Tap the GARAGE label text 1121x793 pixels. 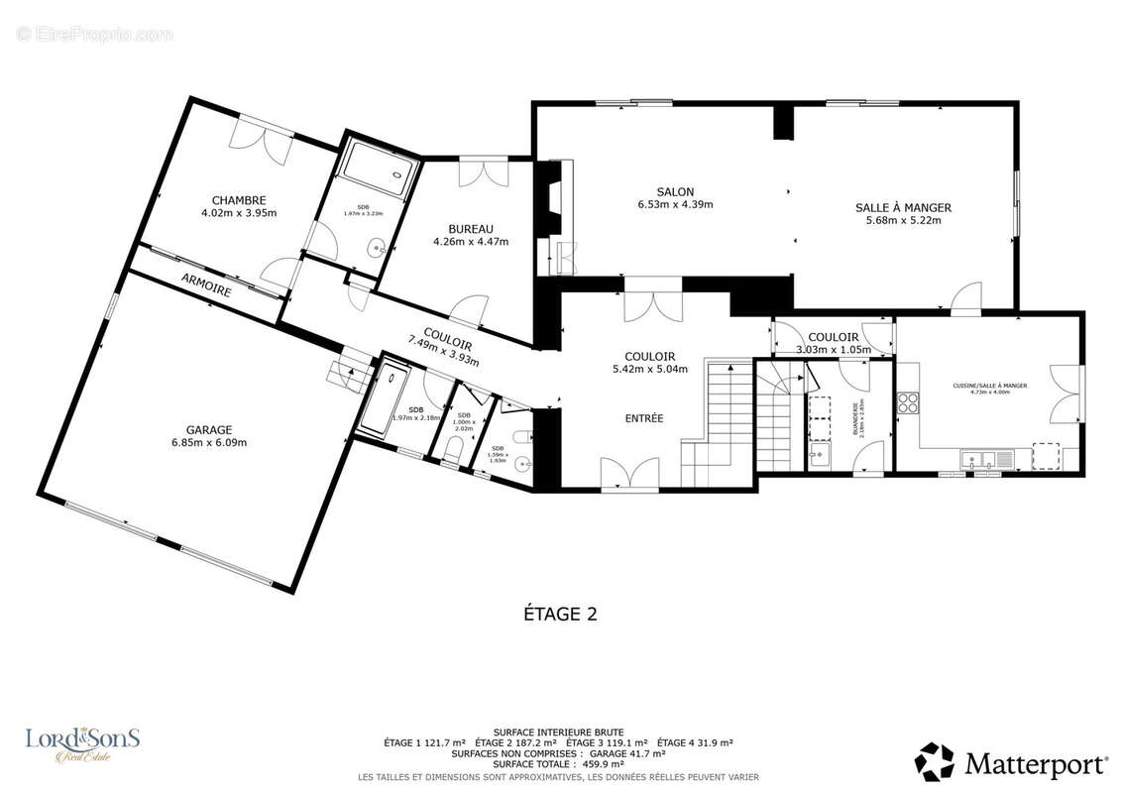pos(208,430)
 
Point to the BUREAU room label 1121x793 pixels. pos(470,229)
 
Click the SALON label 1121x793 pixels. pos(675,192)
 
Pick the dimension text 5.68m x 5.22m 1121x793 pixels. pos(903,221)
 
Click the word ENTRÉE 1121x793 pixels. pos(643,418)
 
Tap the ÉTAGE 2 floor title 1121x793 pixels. pos(560,615)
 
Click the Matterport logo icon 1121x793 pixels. pos(934,762)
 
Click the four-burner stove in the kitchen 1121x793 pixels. pos(908,402)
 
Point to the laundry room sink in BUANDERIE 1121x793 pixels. pos(819,457)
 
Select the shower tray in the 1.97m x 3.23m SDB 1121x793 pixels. pos(373,174)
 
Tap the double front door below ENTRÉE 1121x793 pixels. pos(630,473)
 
